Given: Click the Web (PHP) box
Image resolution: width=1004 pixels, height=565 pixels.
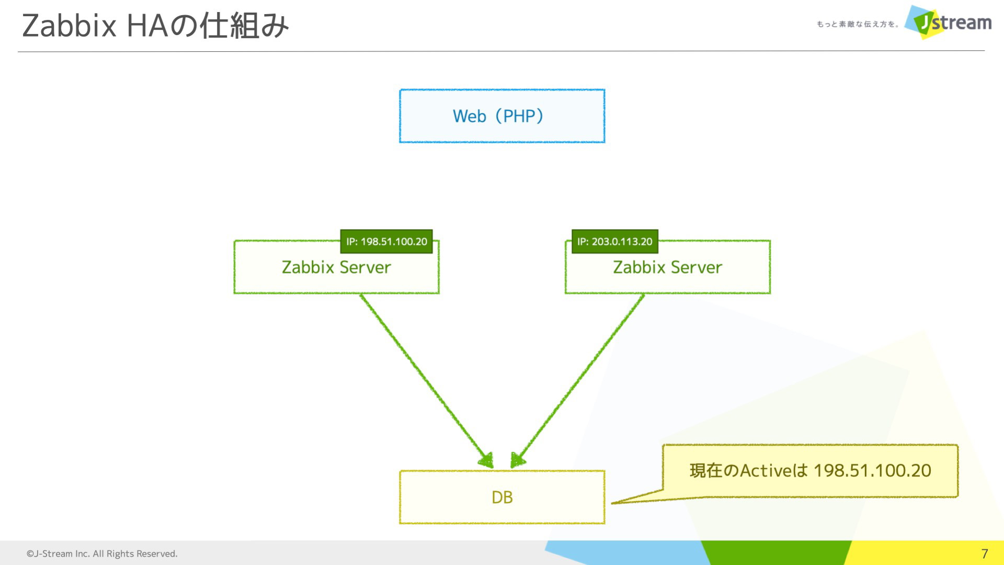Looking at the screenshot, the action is click(x=502, y=116).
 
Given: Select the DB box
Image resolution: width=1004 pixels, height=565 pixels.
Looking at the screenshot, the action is click(x=502, y=497).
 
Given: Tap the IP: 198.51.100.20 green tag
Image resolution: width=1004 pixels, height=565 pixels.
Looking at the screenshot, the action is click(x=386, y=242).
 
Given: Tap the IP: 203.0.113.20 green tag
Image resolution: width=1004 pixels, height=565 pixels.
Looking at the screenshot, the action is click(x=615, y=242).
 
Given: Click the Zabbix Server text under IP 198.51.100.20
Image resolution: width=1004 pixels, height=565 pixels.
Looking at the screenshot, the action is click(x=336, y=267).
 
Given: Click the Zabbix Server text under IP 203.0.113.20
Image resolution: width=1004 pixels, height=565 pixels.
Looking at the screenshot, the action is click(x=667, y=267).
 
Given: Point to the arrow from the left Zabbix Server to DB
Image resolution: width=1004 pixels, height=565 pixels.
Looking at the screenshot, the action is click(x=426, y=380).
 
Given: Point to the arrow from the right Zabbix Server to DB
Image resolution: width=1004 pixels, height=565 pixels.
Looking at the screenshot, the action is click(x=577, y=380).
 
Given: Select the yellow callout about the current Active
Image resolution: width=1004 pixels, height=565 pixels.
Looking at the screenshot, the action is click(x=810, y=471).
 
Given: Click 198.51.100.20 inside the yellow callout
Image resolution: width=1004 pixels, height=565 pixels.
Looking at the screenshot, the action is click(x=872, y=471).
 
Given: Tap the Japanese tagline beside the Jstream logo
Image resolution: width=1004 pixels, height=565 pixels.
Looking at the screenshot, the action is click(x=858, y=24).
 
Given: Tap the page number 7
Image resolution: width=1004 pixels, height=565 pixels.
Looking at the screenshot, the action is click(x=985, y=553).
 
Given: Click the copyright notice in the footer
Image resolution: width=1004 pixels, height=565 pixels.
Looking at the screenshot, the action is click(x=102, y=553).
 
